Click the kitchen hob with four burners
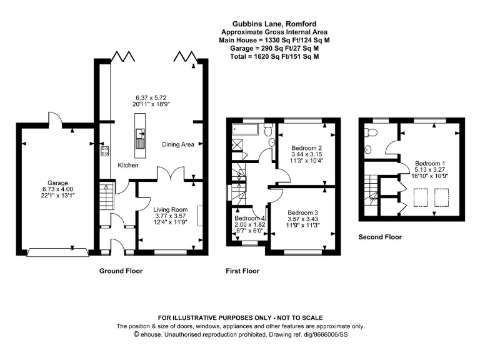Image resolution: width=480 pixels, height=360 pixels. tap(104, 150)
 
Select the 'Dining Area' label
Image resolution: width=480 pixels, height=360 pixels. tap(178, 144)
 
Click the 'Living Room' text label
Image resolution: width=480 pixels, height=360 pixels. tap(171, 209)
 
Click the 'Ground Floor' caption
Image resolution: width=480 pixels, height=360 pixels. tap(121, 271)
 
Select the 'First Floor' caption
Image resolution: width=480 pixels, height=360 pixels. tap(242, 271)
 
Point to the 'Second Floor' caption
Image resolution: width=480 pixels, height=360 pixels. tap(380, 237)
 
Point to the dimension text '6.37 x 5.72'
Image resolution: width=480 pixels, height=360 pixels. tap(151, 98)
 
